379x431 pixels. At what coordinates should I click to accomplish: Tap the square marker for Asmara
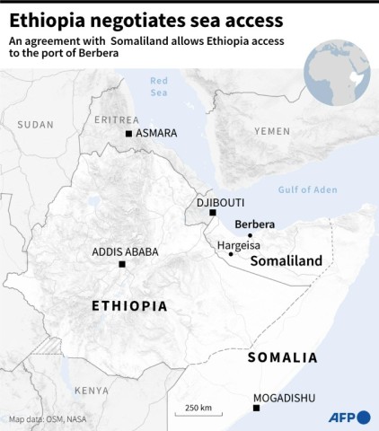[129, 134]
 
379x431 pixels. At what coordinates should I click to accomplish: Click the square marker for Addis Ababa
[121, 264]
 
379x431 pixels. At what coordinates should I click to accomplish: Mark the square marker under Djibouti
[213, 213]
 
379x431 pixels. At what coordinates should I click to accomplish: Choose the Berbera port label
[255, 224]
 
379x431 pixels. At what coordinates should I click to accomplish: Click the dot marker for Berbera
[251, 235]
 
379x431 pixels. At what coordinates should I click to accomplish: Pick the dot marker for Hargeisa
[231, 254]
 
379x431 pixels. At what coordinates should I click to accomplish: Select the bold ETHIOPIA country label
[129, 306]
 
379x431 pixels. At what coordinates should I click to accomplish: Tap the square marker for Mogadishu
[257, 408]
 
